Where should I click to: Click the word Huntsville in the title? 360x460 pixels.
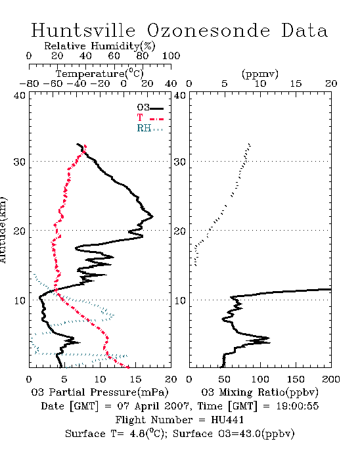point(83,30)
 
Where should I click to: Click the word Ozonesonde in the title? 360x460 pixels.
point(208,30)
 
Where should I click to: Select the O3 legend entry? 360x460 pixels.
point(150,108)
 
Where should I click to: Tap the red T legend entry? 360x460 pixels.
point(150,118)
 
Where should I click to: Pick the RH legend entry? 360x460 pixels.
point(150,128)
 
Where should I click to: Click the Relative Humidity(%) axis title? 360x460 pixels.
point(100,46)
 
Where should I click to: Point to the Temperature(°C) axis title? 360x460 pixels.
point(100,74)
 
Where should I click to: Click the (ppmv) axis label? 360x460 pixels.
point(260,74)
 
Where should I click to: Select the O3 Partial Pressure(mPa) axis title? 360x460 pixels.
point(100,392)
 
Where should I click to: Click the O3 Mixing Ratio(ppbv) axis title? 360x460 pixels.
point(259,392)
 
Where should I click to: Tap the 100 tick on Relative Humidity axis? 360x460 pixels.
point(171,56)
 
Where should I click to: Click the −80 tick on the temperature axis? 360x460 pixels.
point(29,84)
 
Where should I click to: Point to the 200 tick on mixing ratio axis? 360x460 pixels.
point(331,379)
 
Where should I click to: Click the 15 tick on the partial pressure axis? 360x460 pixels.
point(135,379)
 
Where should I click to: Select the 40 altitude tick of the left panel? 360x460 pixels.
point(20,95)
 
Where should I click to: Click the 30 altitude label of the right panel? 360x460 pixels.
point(180,162)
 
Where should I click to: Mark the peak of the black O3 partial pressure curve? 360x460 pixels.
point(153,217)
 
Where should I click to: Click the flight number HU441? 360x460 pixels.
point(227,420)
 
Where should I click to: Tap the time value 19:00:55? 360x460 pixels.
point(298,406)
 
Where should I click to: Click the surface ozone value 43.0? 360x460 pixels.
point(248,434)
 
